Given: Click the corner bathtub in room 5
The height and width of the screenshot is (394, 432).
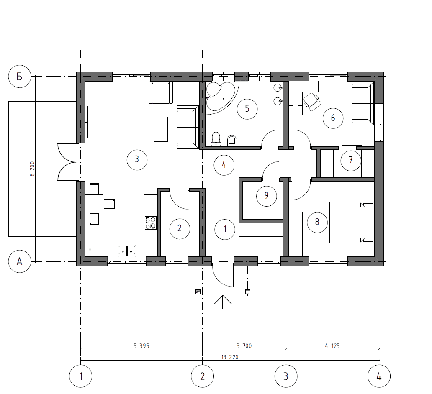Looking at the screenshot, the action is (221, 96).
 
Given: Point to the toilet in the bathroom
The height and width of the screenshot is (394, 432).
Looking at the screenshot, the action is (216, 139).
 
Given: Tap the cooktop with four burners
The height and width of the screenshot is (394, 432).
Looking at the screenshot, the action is (151, 223).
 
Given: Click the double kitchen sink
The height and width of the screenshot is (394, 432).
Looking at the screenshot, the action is (127, 250).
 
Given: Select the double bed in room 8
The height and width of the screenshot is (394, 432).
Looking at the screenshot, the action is (352, 223).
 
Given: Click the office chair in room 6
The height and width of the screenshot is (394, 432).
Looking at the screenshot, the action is (312, 101).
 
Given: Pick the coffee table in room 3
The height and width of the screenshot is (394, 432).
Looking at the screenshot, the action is (161, 129).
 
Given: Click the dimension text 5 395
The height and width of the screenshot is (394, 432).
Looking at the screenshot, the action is (141, 346).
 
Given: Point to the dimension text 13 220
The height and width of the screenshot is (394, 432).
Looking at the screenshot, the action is (230, 357).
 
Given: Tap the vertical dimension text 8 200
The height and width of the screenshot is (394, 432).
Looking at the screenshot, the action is (32, 169).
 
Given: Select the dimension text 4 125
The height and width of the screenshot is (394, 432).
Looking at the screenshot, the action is (332, 346).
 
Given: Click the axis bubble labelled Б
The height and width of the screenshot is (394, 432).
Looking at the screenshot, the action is (20, 76).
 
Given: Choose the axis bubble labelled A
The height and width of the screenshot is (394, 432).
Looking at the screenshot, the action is (20, 261).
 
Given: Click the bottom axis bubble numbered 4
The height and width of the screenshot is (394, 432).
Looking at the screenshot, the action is (379, 376).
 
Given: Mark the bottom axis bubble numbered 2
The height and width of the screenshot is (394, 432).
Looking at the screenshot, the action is (203, 376).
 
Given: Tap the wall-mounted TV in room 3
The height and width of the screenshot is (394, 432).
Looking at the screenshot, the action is (87, 122).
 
